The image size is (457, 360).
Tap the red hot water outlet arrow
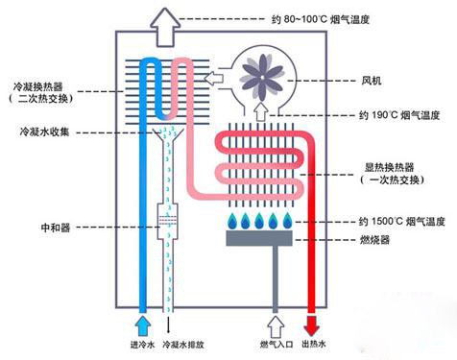pyautogui.click(x=313, y=321)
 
